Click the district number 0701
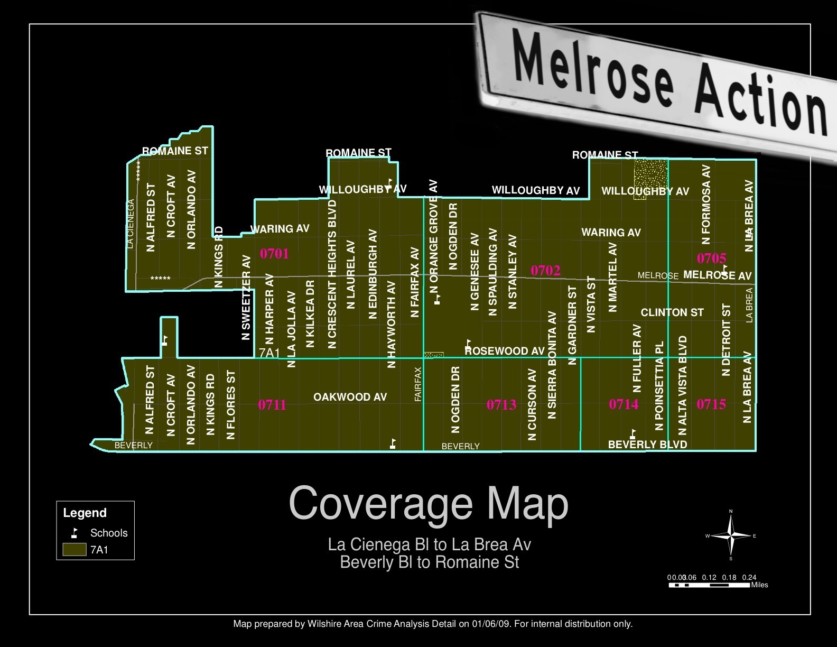coord(274,254)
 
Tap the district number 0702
coord(545,271)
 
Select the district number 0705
coord(711,258)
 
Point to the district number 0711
coord(272,405)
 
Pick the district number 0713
coord(501,405)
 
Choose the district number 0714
coord(624,404)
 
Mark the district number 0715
coord(711,404)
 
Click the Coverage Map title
coord(429,504)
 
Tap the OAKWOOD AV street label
coord(350,397)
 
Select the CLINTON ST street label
coord(672,312)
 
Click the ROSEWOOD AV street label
coord(505,351)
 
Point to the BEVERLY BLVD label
coord(647,445)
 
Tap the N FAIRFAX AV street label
coord(415,282)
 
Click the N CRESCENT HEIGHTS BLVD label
coord(332,274)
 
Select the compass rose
coord(731,535)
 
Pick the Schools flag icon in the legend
coord(75,533)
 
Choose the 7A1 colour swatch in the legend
coord(75,550)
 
